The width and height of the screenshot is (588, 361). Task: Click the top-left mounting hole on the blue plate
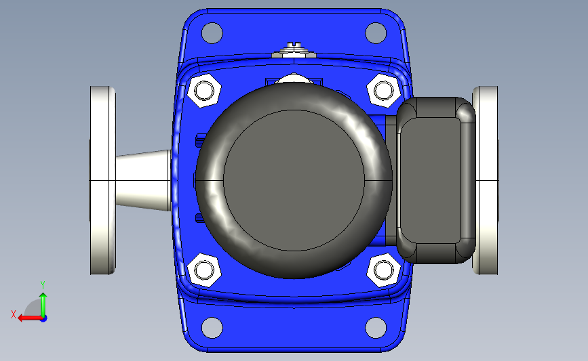click(x=212, y=33)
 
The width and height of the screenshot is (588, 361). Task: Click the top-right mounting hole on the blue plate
click(x=375, y=33)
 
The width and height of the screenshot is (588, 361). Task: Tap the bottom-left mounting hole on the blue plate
click(x=212, y=328)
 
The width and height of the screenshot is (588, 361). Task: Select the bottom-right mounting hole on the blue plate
click(x=375, y=328)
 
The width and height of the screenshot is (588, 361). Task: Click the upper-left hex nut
click(x=204, y=91)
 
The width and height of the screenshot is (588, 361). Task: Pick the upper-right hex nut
click(x=383, y=91)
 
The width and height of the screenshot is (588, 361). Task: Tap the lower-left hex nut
click(x=204, y=270)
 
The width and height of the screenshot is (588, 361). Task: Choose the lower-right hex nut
click(x=383, y=270)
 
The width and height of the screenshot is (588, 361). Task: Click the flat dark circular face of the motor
click(x=294, y=180)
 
